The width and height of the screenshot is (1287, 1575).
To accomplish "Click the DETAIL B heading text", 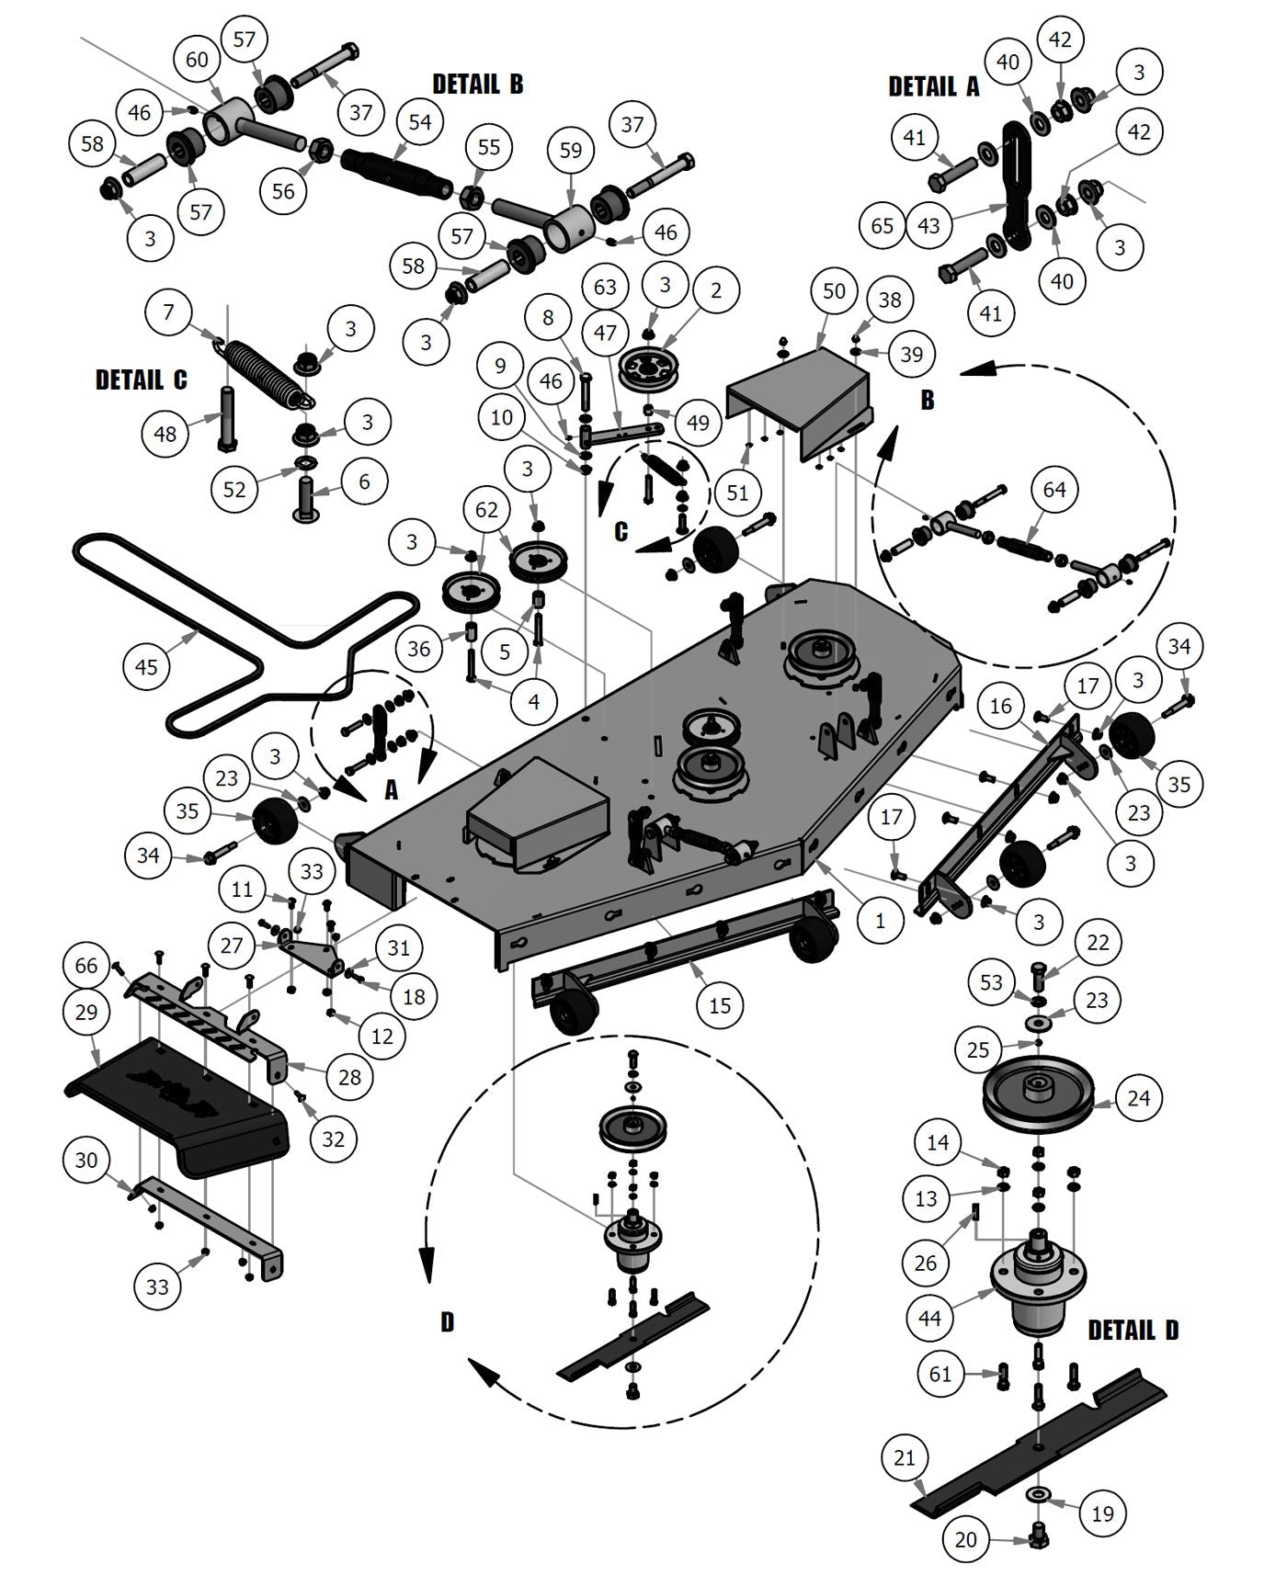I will click(477, 85).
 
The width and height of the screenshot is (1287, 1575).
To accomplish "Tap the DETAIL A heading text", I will click(933, 86).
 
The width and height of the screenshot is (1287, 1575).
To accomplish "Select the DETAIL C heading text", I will click(141, 380).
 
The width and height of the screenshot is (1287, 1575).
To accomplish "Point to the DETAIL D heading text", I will click(1133, 1330).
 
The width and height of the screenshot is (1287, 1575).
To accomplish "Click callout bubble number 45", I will click(146, 666).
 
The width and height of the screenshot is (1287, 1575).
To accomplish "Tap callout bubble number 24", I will click(1138, 1097).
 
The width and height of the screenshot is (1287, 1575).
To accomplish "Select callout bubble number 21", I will click(905, 1457).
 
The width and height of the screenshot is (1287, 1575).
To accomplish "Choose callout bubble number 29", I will click(86, 1012).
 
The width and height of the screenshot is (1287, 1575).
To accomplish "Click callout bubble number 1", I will click(881, 920).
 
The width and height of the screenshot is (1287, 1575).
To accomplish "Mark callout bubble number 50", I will click(834, 291).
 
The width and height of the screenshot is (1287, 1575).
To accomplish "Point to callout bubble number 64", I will click(1054, 489).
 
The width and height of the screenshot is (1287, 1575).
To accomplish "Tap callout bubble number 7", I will click(168, 312).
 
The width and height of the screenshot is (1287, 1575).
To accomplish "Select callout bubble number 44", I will click(929, 1318).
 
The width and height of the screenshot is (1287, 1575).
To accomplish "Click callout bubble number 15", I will click(720, 1005).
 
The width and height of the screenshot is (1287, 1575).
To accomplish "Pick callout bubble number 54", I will click(419, 122).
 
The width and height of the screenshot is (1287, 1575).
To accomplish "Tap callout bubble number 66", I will click(85, 965).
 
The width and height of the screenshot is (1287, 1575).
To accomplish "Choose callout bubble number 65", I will click(882, 224).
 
